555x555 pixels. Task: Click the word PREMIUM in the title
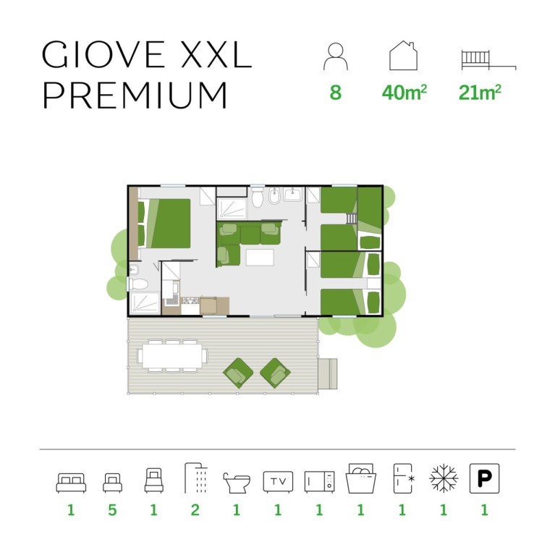(x=135, y=95)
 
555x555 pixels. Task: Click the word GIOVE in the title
(x=103, y=54)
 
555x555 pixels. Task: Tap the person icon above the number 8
(x=335, y=56)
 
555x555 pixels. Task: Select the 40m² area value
(x=404, y=93)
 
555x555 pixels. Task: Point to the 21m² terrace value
(x=480, y=93)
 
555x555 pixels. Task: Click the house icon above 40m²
(x=403, y=56)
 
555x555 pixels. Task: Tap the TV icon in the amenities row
(x=278, y=481)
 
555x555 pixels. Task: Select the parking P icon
(x=484, y=478)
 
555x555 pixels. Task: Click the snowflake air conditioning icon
(x=444, y=478)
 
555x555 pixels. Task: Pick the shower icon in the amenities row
(x=196, y=478)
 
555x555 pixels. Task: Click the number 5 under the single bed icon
(x=112, y=510)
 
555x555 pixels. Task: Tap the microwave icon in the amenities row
(x=319, y=482)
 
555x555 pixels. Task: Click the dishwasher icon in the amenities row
(x=360, y=478)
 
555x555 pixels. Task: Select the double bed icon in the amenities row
(x=71, y=483)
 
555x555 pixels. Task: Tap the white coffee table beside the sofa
(x=260, y=258)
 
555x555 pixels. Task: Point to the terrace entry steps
(x=328, y=374)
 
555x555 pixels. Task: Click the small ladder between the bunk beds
(x=351, y=219)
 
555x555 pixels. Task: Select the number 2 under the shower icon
(x=195, y=510)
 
